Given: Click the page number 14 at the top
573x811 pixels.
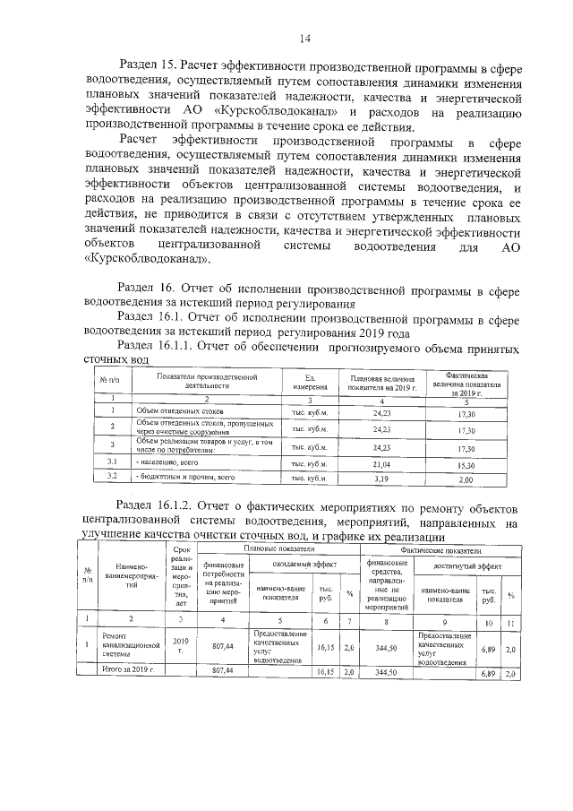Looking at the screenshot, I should tap(304, 38).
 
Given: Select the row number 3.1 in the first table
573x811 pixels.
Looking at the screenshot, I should tap(114, 463).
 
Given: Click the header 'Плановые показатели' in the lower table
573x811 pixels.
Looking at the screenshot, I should tap(274, 548).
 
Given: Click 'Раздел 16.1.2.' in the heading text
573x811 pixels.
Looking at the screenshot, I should tap(160, 504).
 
